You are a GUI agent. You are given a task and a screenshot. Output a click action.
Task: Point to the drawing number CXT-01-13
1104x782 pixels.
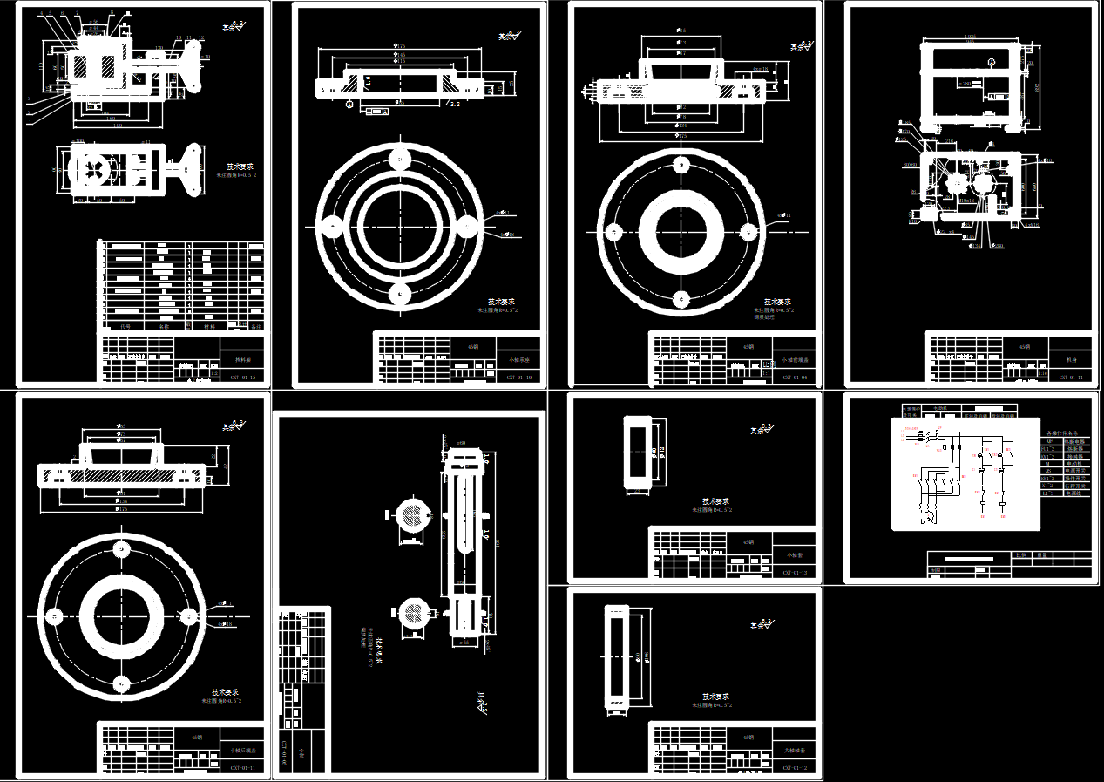click(795, 573)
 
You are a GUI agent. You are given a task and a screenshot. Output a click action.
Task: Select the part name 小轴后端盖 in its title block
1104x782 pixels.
click(242, 749)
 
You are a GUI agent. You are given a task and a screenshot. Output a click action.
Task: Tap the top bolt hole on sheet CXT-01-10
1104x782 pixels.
click(400, 159)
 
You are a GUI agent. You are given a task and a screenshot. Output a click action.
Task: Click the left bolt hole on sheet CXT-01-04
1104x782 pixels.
click(613, 232)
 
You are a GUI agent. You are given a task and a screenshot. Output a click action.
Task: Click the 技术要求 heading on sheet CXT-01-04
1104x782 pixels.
click(778, 301)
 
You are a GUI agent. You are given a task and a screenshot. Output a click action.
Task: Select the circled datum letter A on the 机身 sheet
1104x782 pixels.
click(993, 60)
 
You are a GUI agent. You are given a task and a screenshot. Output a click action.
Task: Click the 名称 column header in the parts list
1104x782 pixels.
click(162, 325)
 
